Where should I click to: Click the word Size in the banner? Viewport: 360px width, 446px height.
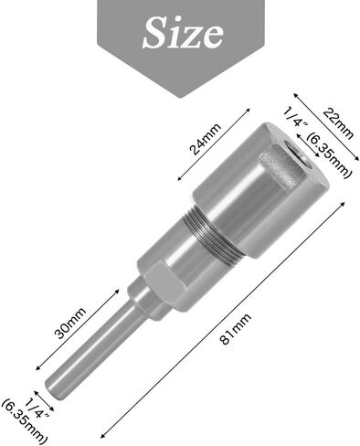click(x=184, y=33)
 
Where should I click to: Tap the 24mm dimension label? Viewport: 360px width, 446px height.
click(x=205, y=139)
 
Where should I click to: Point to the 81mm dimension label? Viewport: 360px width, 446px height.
click(x=236, y=328)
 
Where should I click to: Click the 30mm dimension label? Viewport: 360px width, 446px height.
click(x=69, y=324)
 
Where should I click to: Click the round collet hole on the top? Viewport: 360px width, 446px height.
click(x=295, y=151)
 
